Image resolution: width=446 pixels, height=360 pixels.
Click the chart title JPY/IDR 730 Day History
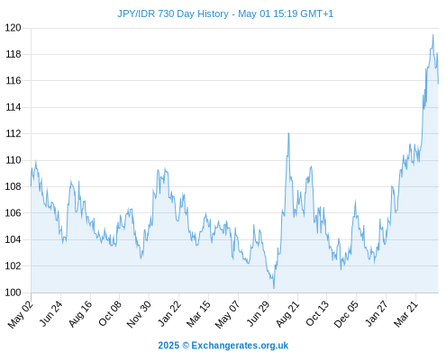point(173,14)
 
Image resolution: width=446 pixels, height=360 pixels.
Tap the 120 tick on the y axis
point(14,28)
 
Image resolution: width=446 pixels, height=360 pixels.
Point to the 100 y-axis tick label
point(14,292)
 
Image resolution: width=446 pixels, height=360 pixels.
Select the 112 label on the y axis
point(14,134)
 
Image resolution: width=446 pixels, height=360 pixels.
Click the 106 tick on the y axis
point(14,213)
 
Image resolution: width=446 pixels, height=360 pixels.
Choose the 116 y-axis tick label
point(14,81)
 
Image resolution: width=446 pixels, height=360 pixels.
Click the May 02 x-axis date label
point(21,314)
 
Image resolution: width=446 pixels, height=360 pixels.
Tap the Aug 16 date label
point(80,313)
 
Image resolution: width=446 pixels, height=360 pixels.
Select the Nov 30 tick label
point(139,314)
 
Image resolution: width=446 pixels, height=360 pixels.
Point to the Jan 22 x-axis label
point(169,313)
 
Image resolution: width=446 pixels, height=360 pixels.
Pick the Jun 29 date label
point(258,313)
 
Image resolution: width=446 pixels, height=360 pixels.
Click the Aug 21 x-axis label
point(287,313)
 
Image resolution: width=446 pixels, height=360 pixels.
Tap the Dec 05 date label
point(346,314)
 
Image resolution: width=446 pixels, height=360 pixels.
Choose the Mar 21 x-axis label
point(405,313)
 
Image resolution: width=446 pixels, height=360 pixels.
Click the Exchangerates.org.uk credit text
point(240,346)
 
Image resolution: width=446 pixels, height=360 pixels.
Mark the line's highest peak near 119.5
point(432,35)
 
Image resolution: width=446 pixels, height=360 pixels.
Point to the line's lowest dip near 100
point(274,288)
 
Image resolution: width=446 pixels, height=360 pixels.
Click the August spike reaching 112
point(288,133)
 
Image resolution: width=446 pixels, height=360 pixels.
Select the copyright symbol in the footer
point(186,346)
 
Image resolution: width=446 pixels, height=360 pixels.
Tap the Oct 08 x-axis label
point(109,313)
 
